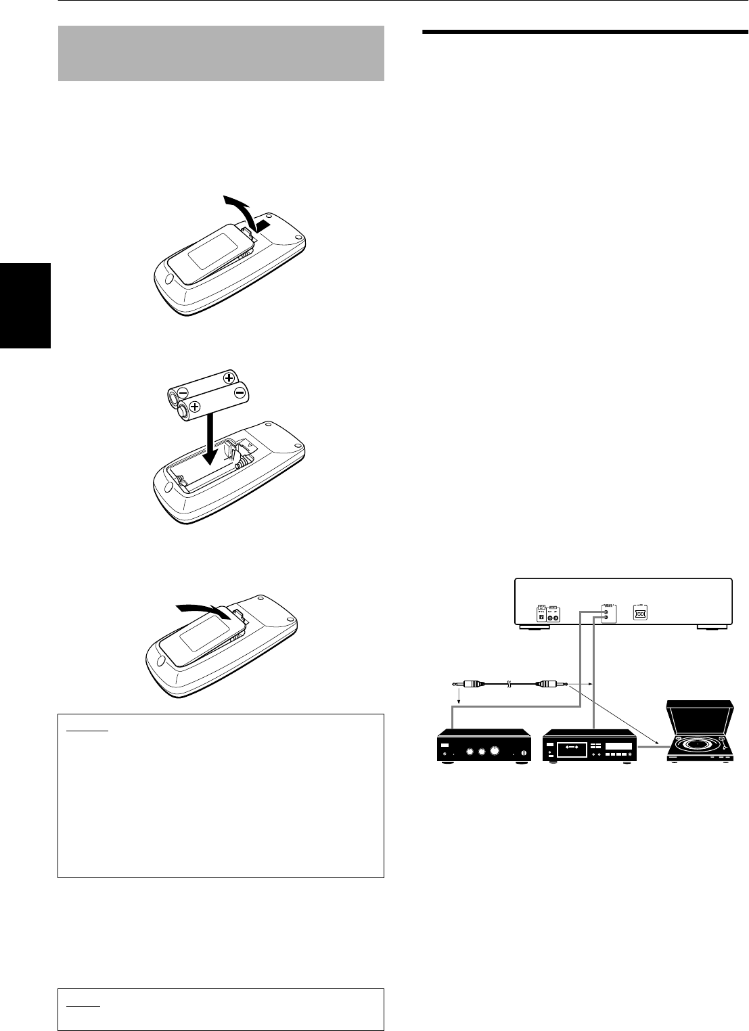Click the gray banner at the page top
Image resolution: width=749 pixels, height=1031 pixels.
(x=221, y=53)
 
